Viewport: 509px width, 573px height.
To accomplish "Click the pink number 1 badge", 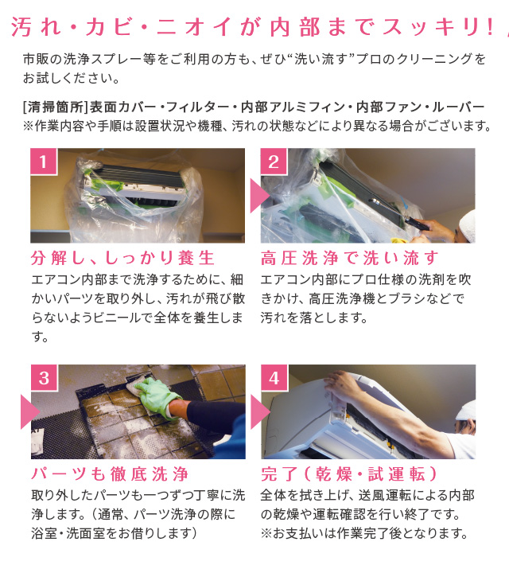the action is [x=44, y=162].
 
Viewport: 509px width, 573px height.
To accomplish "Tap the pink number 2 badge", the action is [x=274, y=162].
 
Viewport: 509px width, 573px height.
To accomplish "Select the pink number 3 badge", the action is [x=44, y=377].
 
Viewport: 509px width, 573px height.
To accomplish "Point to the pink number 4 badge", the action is [x=274, y=377].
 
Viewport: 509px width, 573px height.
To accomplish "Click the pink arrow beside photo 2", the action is [x=259, y=196].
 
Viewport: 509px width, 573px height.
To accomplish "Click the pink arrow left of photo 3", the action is [x=30, y=412].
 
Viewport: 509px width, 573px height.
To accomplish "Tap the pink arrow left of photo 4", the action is [x=260, y=412].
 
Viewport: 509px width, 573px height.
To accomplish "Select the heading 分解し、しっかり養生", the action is [x=122, y=258].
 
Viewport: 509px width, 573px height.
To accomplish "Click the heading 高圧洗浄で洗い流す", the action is [x=349, y=258].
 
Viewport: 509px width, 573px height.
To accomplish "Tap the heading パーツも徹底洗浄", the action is [x=110, y=474].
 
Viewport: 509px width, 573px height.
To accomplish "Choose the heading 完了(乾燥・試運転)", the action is [x=349, y=474].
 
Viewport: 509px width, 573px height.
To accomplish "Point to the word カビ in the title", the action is [x=108, y=27].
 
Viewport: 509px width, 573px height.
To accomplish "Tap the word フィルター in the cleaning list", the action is [x=196, y=107].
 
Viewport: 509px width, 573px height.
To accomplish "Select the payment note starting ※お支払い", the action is [x=364, y=533].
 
